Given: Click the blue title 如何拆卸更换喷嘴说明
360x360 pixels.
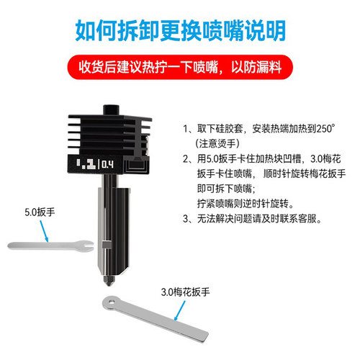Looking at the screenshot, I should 180,30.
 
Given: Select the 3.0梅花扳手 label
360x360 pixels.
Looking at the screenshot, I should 184,292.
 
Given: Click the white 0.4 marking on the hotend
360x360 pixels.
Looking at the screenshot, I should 107,164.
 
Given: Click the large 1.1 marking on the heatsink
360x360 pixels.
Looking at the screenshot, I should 86,163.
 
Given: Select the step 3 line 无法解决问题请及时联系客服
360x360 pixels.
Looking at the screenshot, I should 258,218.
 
